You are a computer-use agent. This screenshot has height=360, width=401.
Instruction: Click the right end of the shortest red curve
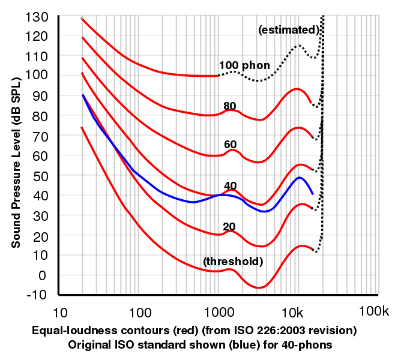[217, 76]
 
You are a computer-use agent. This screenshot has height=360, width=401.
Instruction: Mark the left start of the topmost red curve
[82, 19]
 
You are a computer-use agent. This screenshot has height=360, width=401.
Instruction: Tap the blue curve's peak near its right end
[299, 178]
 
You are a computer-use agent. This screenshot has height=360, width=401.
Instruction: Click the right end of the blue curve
[313, 194]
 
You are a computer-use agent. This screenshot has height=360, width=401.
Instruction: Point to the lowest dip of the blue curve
[265, 211]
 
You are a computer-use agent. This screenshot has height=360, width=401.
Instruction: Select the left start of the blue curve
[83, 95]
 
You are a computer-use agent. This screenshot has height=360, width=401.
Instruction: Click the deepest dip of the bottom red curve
[259, 288]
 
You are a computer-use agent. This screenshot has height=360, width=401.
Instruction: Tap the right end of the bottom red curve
[313, 248]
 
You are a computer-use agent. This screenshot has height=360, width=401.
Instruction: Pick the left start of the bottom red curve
[81, 128]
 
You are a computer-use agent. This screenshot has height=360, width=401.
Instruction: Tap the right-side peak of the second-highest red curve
[297, 89]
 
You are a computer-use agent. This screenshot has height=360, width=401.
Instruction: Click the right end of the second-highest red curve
[311, 103]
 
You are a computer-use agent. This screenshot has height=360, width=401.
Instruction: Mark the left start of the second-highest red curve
[82, 37]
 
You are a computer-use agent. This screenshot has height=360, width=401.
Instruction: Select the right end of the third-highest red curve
[312, 136]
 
